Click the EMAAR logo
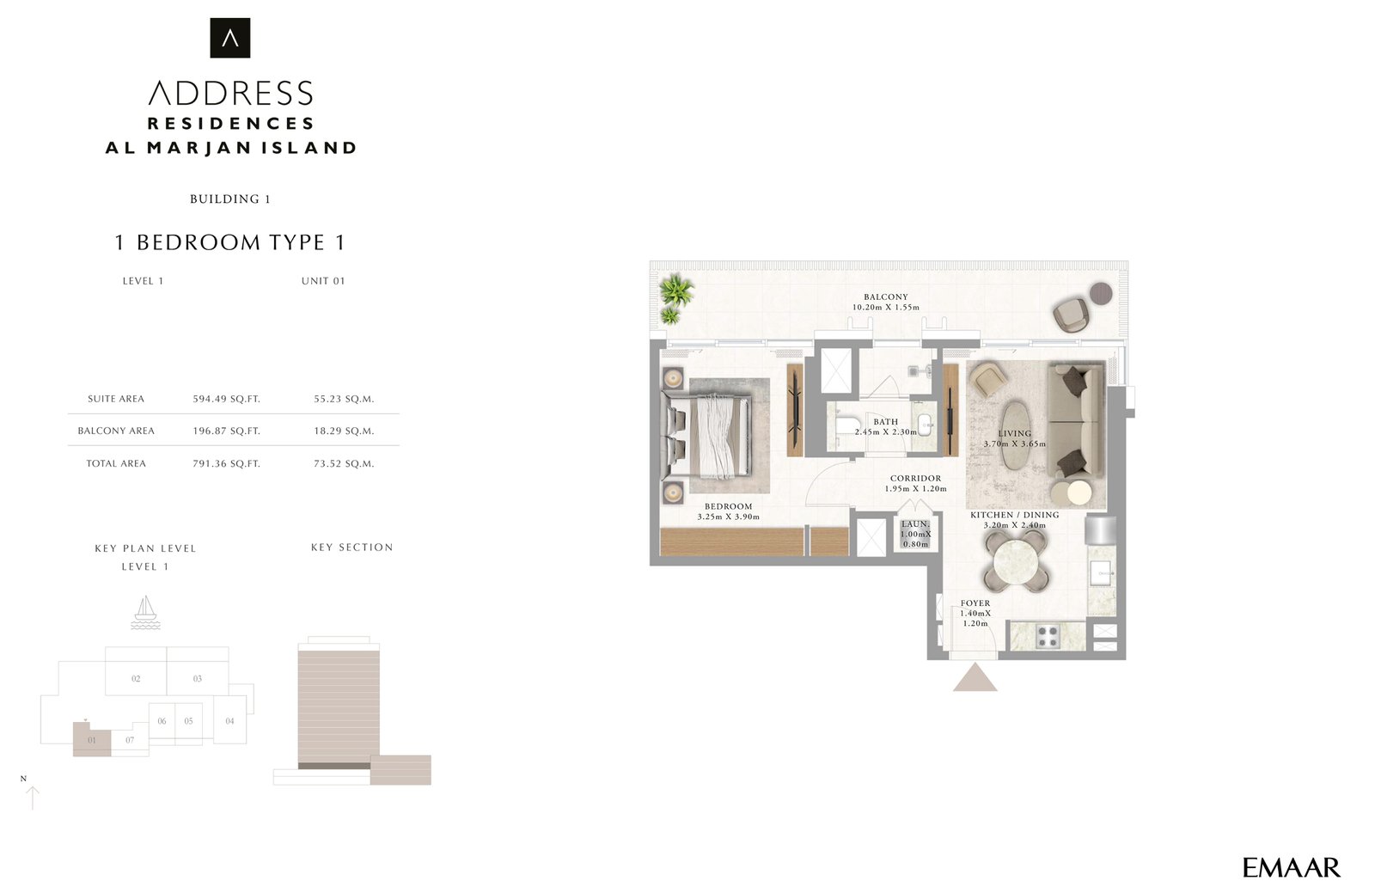click(1291, 867)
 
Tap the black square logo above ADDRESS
click(230, 38)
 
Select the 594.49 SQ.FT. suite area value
click(226, 399)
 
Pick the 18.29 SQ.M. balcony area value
click(344, 431)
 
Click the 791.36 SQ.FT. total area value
click(226, 463)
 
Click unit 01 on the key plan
click(92, 739)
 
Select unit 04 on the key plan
click(229, 721)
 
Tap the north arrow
click(33, 797)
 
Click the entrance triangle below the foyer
click(975, 678)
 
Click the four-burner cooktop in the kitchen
click(1047, 637)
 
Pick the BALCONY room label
click(885, 297)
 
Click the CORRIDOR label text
click(915, 479)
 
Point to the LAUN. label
click(915, 524)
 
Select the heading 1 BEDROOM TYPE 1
click(230, 242)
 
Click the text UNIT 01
click(323, 281)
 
